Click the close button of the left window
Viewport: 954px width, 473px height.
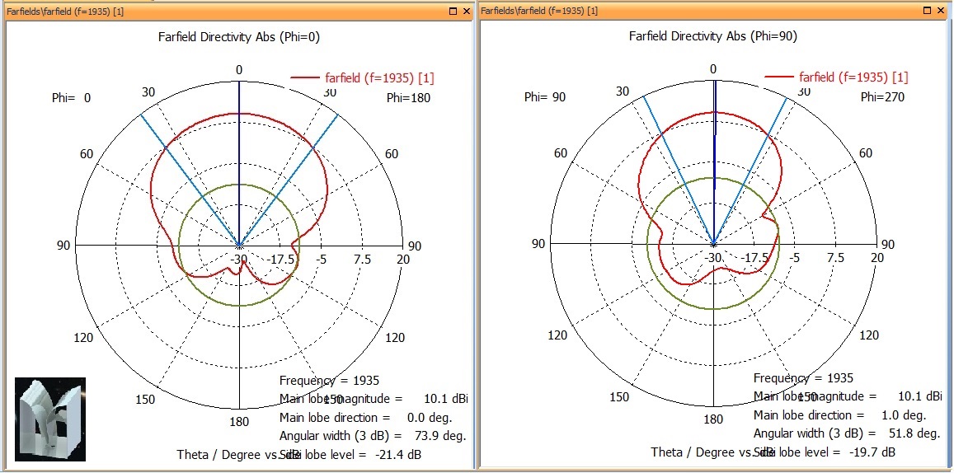click(x=467, y=11)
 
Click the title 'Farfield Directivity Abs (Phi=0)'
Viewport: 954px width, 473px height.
click(x=238, y=36)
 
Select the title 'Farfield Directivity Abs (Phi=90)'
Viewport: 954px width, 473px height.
click(x=712, y=36)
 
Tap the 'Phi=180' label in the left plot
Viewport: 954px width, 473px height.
click(x=409, y=98)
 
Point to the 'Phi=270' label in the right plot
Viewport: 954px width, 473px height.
click(x=883, y=97)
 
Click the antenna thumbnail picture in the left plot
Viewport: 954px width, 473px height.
click(x=50, y=419)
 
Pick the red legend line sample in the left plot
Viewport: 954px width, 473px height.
click(x=306, y=78)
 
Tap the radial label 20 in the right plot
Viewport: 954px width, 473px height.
click(x=876, y=258)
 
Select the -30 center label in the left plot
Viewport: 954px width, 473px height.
click(x=239, y=259)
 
